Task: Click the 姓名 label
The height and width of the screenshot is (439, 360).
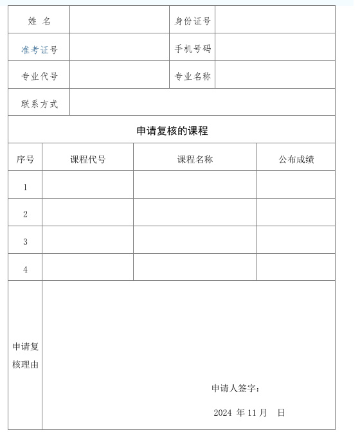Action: pyautogui.click(x=39, y=21)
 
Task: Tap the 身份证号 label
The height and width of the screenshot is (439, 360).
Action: pyautogui.click(x=193, y=21)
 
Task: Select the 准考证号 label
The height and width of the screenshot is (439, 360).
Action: pyautogui.click(x=39, y=49)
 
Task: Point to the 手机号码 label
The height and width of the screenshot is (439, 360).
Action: pyautogui.click(x=193, y=49)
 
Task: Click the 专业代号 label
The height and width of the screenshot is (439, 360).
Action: pyautogui.click(x=39, y=76)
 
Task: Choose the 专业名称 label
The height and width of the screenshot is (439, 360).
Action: pyautogui.click(x=193, y=76)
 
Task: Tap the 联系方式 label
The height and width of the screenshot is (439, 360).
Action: pyautogui.click(x=39, y=104)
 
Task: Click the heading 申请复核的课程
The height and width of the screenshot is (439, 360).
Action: pyautogui.click(x=172, y=130)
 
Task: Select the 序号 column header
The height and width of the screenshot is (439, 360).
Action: pyautogui.click(x=26, y=159)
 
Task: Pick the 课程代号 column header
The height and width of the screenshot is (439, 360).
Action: pyautogui.click(x=88, y=159)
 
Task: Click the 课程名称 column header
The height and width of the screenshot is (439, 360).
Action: pyautogui.click(x=195, y=159)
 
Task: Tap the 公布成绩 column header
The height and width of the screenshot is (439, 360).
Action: pyautogui.click(x=296, y=159)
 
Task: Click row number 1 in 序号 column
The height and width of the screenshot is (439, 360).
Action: pyautogui.click(x=26, y=187)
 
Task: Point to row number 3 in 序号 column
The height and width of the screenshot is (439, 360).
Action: pyautogui.click(x=26, y=242)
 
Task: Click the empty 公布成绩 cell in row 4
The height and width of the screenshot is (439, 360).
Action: pyautogui.click(x=296, y=268)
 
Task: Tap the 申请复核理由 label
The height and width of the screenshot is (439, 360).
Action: pyautogui.click(x=26, y=355)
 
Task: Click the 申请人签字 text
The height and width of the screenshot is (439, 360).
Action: pyautogui.click(x=235, y=388)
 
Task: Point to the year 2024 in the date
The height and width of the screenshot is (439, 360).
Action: pyautogui.click(x=222, y=413)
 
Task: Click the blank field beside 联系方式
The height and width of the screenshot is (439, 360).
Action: pyautogui.click(x=203, y=103)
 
